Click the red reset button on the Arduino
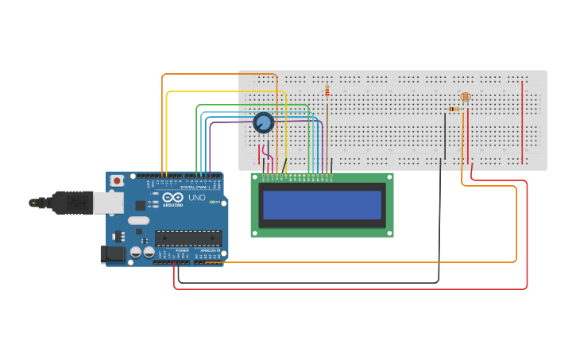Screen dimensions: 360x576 coord(118,180)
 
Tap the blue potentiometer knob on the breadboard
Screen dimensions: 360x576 coord(263,122)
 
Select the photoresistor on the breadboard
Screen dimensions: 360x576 coord(466,97)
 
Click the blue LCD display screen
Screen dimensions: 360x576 coord(323,205)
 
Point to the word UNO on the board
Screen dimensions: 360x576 coord(196,197)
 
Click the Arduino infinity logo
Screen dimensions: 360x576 coord(173,197)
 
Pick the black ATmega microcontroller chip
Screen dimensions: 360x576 coord(188,237)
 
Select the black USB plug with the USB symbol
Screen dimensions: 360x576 coord(72,203)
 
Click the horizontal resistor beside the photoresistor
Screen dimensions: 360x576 coord(454,109)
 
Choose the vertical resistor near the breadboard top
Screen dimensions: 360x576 coord(327,91)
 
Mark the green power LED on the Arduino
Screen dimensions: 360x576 coord(212,201)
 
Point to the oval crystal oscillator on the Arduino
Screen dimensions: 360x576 coord(138,220)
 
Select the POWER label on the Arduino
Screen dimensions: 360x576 coord(182,250)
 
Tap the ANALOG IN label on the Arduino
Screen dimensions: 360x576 coord(210,250)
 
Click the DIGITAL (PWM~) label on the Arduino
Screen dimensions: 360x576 coord(193,187)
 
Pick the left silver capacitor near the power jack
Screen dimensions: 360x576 coord(136,252)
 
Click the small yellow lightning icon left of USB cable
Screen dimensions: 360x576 coord(33,203)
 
